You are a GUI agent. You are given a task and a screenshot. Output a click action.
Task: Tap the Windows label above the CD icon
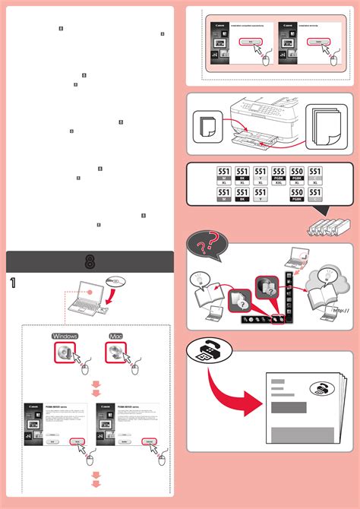tap(65, 335)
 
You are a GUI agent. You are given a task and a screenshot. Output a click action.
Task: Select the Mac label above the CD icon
tap(115, 335)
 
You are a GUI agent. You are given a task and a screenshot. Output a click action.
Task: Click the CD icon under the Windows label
tap(63, 352)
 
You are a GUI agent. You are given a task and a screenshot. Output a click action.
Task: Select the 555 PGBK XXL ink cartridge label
tap(278, 177)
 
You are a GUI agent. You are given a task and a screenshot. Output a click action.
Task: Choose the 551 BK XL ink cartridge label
tap(242, 177)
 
